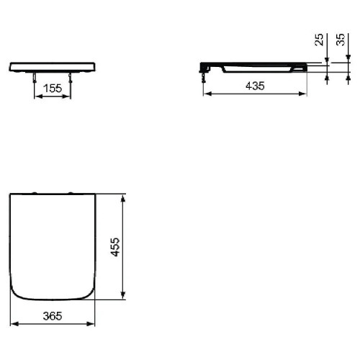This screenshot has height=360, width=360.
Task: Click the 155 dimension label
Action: tap(53, 89)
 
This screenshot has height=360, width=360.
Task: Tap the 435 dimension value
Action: tap(255, 86)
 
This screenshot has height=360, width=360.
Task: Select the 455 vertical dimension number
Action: tap(116, 247)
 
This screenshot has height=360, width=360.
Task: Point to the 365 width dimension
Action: tap(53, 316)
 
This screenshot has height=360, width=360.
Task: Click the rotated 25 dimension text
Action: tap(319, 40)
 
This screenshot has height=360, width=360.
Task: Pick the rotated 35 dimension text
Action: tap(341, 40)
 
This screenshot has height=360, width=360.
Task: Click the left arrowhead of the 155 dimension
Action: tap(38, 96)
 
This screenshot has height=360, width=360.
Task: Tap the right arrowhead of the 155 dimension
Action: tap(67, 96)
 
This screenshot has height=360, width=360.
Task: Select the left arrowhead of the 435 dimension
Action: tap(207, 94)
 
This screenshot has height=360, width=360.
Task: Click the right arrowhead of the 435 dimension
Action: tap(303, 94)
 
